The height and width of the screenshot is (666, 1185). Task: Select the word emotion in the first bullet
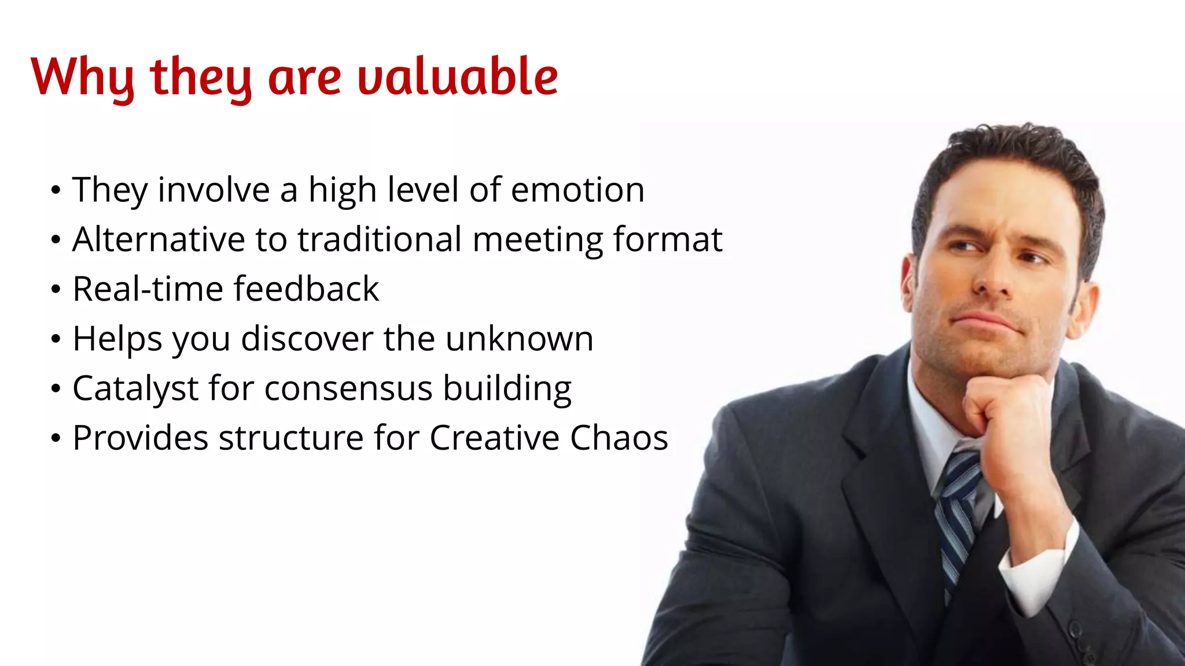(x=577, y=190)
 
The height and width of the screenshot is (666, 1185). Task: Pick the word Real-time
(x=147, y=289)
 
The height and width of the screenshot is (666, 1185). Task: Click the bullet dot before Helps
(x=56, y=339)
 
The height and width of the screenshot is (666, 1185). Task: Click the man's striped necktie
(x=958, y=509)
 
